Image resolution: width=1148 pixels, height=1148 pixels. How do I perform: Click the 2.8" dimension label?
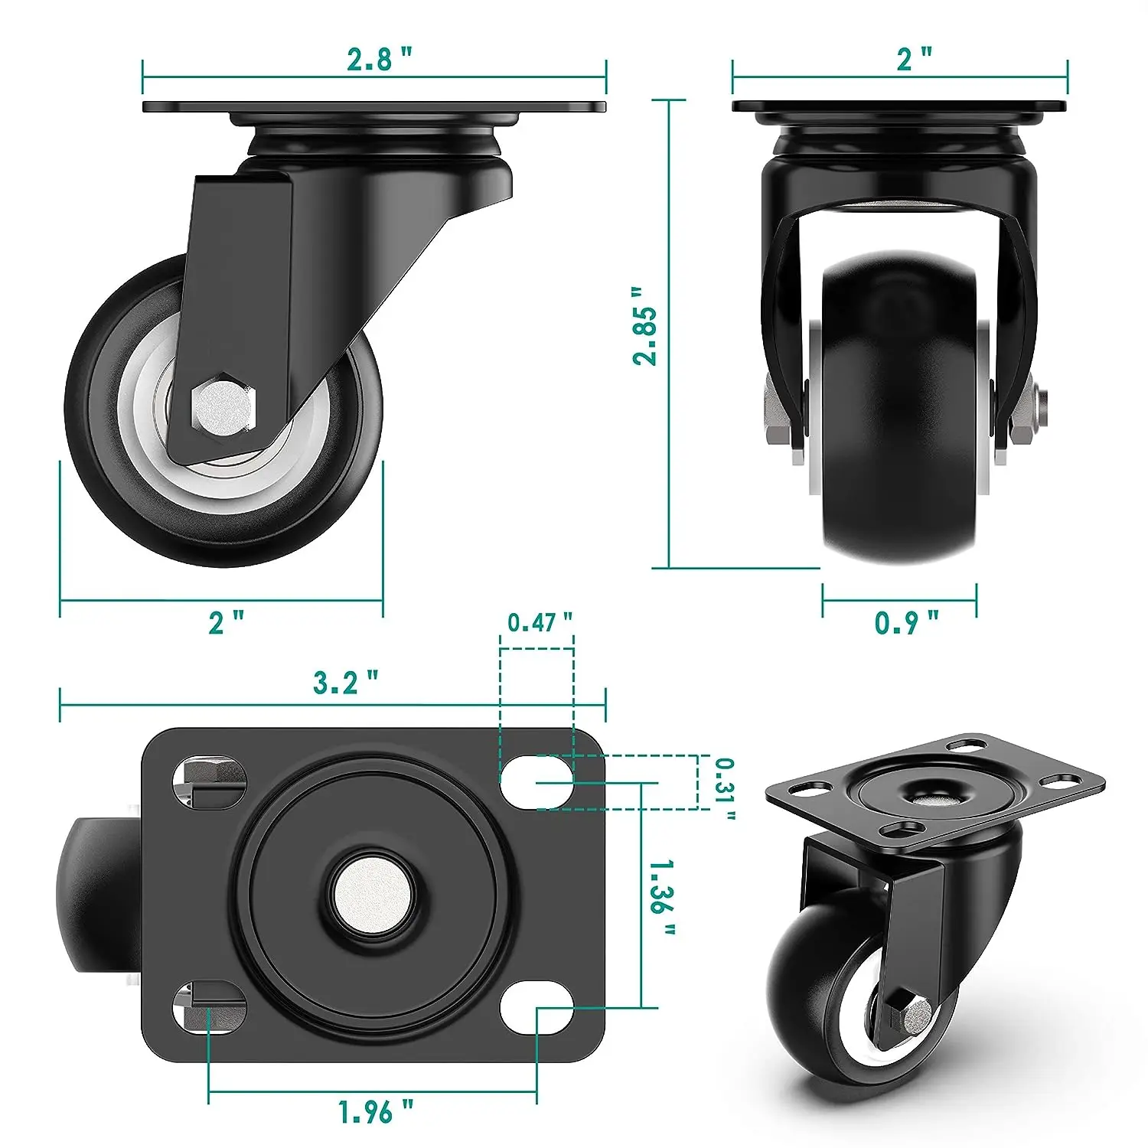click(379, 59)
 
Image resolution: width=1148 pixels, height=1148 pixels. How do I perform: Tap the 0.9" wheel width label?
click(906, 622)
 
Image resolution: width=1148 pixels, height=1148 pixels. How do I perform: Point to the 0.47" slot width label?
click(540, 622)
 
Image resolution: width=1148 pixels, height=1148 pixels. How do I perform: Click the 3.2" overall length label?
click(345, 682)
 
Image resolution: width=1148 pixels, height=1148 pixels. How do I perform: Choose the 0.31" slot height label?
click(724, 789)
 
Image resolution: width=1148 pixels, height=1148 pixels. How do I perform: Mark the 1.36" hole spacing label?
click(662, 897)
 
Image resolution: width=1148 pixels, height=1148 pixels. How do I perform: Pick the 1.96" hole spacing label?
click(376, 1111)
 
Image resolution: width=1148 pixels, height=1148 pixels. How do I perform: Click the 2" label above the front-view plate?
click(915, 59)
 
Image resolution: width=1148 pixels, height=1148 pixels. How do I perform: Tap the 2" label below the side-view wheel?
click(227, 622)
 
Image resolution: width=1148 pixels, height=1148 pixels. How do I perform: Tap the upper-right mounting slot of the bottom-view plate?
click(536, 781)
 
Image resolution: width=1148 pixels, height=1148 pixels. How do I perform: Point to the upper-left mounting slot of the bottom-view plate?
click(209, 781)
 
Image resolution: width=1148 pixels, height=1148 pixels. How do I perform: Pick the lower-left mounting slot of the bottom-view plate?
click(209, 1006)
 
